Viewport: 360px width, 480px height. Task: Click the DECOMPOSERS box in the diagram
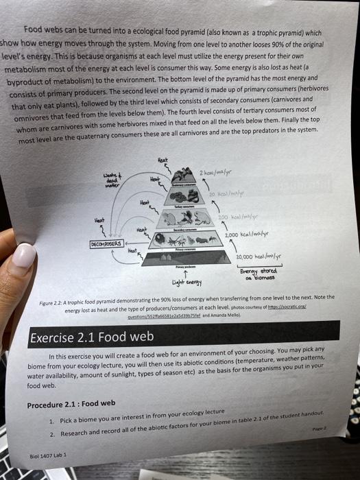tap(105, 243)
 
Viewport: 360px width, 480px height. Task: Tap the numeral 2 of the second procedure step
tap(52, 433)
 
